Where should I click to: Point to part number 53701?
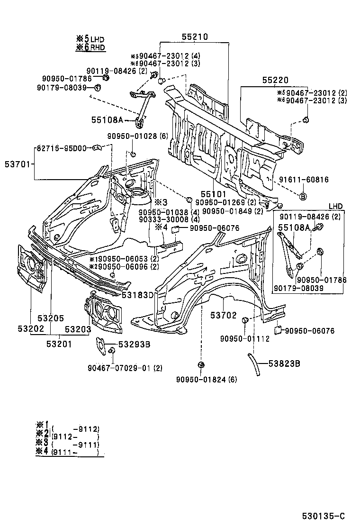15,164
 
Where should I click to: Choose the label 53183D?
138,295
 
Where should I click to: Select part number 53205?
51,318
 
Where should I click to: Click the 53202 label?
31,329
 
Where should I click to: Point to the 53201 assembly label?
59,344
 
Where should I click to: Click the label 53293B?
134,345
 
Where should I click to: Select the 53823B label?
284,363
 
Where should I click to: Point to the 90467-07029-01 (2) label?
125,368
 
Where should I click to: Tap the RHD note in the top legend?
98,47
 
